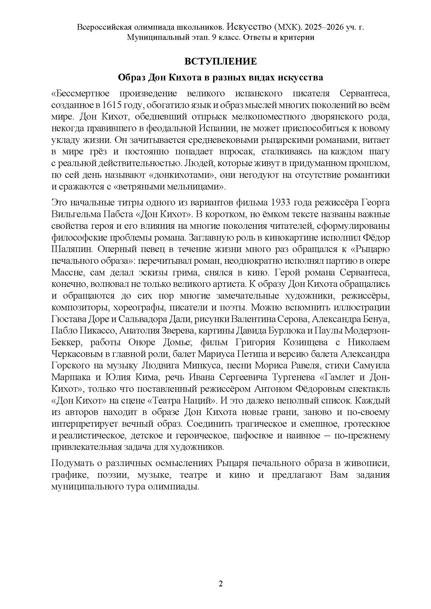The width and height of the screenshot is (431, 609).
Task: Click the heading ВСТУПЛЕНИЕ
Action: pos(220,61)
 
